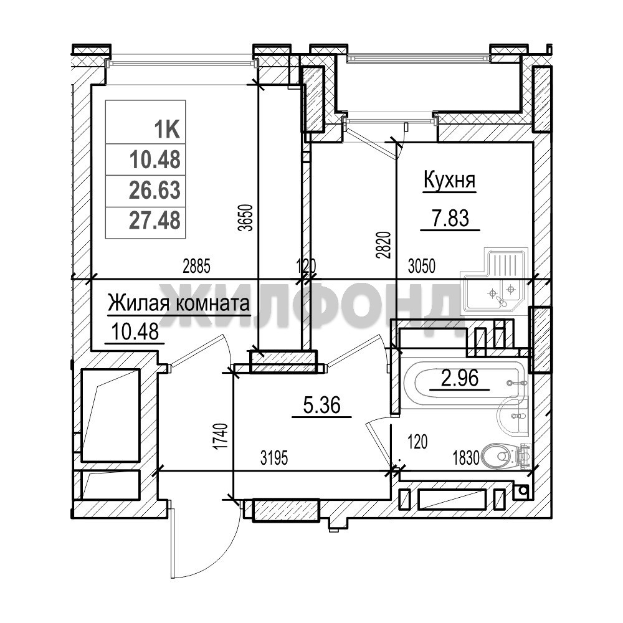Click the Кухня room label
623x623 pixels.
(x=450, y=180)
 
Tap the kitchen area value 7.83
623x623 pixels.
(x=450, y=217)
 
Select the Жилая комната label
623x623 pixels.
(x=179, y=303)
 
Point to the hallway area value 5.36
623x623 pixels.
(x=322, y=406)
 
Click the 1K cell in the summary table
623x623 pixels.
(x=167, y=130)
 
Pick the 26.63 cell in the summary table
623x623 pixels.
(x=155, y=190)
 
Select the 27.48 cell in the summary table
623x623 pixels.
(x=155, y=220)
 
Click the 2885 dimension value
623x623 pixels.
(x=196, y=266)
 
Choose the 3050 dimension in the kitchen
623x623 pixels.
(x=422, y=266)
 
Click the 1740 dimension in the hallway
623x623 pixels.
(x=221, y=437)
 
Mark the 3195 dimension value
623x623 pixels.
(x=274, y=459)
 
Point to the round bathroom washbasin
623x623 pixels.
(x=512, y=416)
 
